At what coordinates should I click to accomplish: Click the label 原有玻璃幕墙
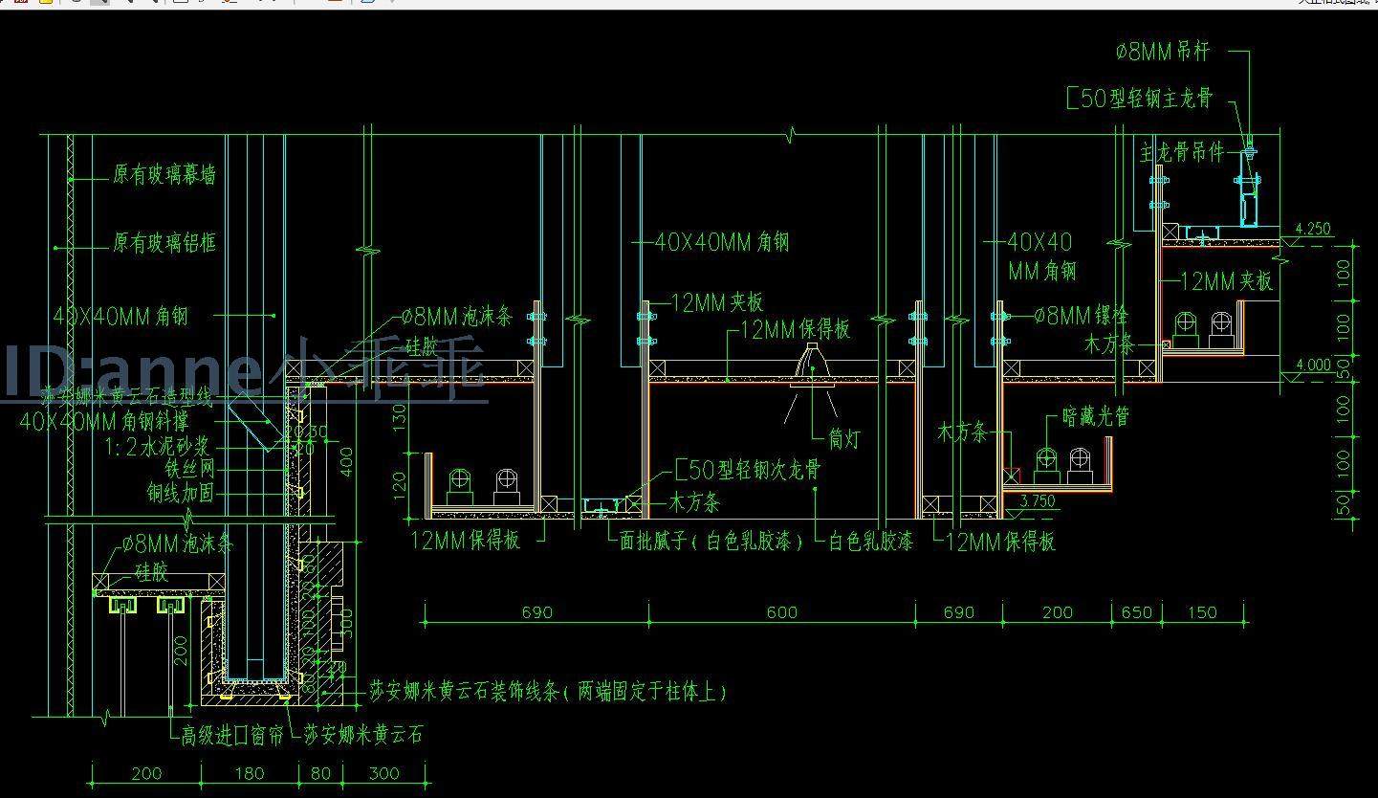164,175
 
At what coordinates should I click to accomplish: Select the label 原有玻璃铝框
164,243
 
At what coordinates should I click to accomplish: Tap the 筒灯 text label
844,439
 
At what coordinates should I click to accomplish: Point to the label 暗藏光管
1096,417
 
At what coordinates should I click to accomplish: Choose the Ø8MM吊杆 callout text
1163,53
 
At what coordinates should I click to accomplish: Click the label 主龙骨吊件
1182,152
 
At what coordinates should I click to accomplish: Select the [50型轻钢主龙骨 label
1139,99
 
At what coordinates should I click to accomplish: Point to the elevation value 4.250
1312,230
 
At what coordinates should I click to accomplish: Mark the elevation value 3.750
1038,500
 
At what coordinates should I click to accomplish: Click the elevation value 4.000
1312,365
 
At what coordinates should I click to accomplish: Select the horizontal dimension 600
781,612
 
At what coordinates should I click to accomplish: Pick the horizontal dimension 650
1136,612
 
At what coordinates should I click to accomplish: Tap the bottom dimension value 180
249,773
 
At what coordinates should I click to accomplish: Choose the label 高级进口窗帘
232,735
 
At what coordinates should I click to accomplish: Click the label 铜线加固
180,494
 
